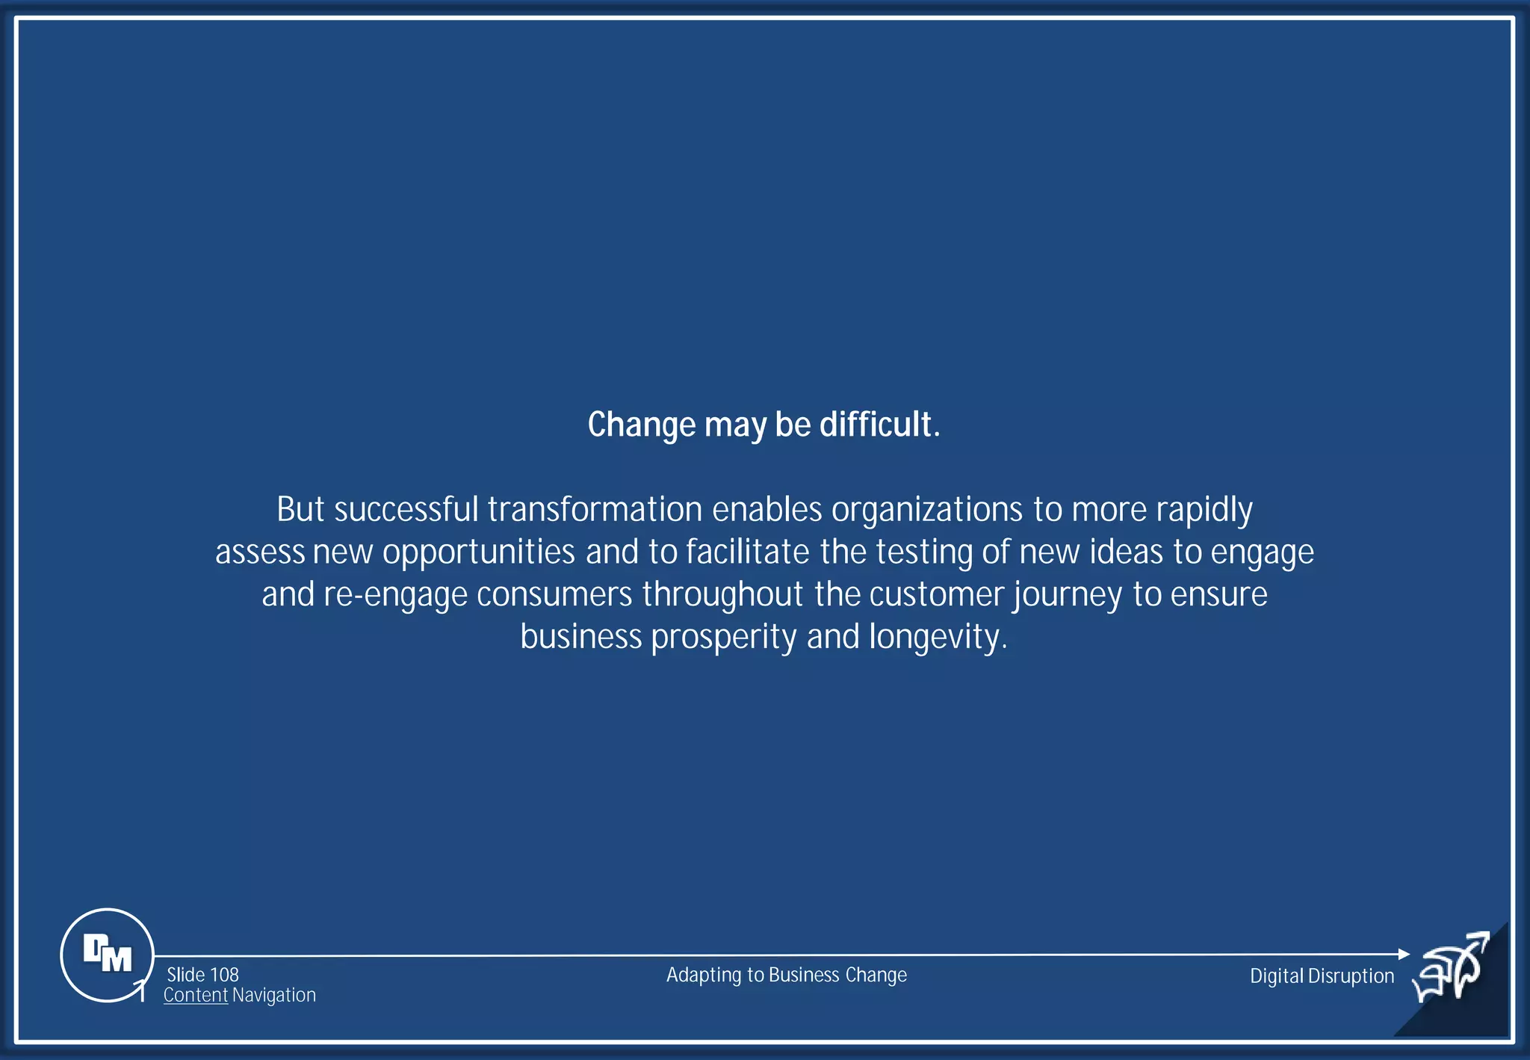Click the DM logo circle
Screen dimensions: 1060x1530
(x=107, y=955)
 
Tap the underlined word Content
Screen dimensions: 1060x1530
(x=195, y=995)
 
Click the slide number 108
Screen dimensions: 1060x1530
(x=224, y=975)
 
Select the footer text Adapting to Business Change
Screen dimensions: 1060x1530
(x=786, y=975)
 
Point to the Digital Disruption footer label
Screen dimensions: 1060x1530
(x=1322, y=976)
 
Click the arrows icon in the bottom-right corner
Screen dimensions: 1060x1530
(x=1451, y=967)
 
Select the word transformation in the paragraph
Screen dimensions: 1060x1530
(x=595, y=510)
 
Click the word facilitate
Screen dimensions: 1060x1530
(x=747, y=552)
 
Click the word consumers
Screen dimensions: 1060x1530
(x=554, y=595)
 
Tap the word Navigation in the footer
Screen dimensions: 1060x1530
(x=273, y=995)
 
